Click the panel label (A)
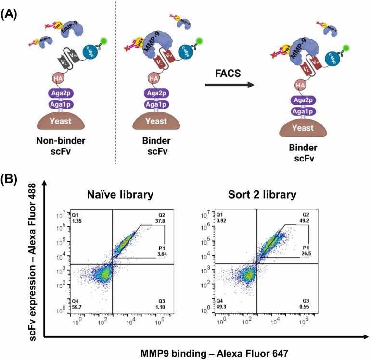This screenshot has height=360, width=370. click(11, 15)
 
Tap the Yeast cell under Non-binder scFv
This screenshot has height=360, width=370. click(54, 123)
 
